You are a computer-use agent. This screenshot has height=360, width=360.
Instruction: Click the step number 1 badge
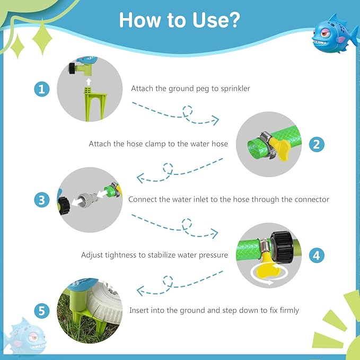click(42, 89)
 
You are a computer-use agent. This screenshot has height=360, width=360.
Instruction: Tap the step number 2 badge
click(317, 144)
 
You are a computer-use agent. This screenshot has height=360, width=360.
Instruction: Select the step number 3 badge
click(42, 200)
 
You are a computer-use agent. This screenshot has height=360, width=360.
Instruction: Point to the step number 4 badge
click(317, 256)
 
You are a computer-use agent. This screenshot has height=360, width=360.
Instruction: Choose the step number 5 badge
click(42, 311)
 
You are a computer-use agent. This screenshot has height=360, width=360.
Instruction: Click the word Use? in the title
click(216, 20)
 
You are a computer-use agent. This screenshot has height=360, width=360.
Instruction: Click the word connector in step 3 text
click(312, 199)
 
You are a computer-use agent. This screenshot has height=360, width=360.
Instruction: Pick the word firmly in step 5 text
click(289, 310)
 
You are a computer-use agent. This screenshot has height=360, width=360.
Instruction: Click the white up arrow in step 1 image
click(89, 82)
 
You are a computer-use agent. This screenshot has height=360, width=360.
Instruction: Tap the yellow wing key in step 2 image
click(280, 148)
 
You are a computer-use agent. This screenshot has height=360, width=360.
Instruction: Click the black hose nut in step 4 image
click(282, 247)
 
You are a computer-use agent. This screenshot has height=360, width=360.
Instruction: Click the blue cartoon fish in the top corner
click(334, 33)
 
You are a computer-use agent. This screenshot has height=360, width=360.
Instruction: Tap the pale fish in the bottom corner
click(25, 335)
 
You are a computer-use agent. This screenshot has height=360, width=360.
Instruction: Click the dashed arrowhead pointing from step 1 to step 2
click(216, 120)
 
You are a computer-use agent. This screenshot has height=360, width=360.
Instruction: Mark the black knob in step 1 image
click(72, 68)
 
